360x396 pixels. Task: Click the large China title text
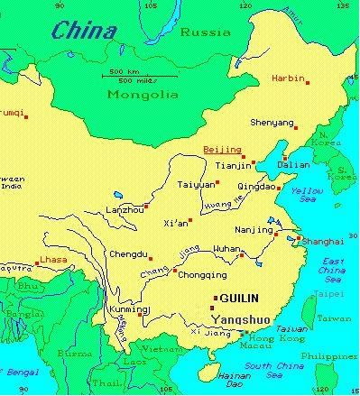click(x=84, y=32)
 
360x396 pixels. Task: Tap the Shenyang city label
click(x=272, y=123)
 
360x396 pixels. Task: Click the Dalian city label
click(x=297, y=166)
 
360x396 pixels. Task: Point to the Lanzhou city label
click(x=125, y=210)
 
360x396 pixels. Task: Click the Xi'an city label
click(x=176, y=223)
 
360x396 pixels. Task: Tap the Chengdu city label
click(x=127, y=254)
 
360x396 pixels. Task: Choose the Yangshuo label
click(x=240, y=318)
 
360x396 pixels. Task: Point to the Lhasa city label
click(x=53, y=261)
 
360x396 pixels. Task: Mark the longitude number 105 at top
click(x=163, y=5)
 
